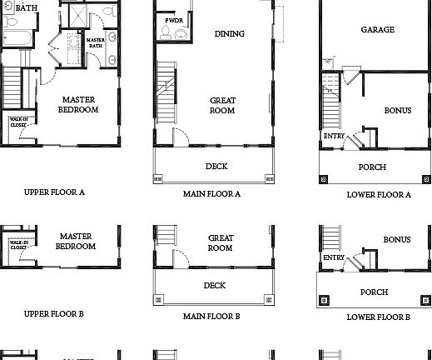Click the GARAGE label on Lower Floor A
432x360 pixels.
point(377,30)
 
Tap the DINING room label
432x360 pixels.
point(229,34)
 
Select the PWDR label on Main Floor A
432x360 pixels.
point(174,19)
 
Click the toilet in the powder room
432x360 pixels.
point(167,33)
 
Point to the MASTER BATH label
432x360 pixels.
point(94,42)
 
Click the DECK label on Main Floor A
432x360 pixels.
point(216,166)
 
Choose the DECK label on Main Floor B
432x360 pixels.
point(215,286)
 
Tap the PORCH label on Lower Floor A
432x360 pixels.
point(372,167)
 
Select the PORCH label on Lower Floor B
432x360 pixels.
point(374,292)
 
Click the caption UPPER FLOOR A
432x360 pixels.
point(54,192)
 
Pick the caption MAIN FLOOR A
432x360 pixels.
point(211,193)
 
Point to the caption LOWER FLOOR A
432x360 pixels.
point(379,194)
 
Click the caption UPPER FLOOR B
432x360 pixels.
point(54,314)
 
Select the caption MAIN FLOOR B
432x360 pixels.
point(211,317)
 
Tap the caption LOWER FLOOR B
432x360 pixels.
point(379,317)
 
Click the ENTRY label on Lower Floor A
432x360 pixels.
point(334,136)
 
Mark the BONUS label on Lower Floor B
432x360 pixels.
point(397,240)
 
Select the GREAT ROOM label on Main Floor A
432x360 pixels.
point(222,105)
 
